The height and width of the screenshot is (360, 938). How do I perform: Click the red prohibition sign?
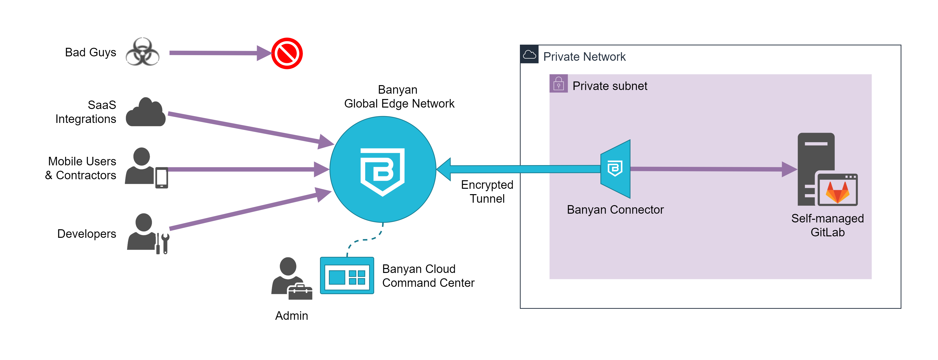(287, 53)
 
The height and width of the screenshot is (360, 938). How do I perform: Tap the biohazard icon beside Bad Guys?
(142, 52)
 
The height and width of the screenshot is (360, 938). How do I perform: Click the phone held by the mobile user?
(162, 178)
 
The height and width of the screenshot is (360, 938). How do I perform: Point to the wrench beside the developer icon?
(165, 243)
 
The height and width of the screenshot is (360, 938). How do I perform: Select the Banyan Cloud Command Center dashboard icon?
(347, 276)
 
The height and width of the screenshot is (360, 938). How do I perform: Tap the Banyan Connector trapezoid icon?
(615, 169)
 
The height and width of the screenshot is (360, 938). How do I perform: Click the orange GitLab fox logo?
(837, 192)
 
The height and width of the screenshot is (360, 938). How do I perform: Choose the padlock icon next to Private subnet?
(558, 84)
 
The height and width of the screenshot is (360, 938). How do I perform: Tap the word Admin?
(291, 316)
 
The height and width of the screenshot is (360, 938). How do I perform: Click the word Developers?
(87, 234)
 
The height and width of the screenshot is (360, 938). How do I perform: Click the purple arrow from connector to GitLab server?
(706, 169)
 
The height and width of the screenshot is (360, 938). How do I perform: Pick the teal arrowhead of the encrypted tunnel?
(444, 169)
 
